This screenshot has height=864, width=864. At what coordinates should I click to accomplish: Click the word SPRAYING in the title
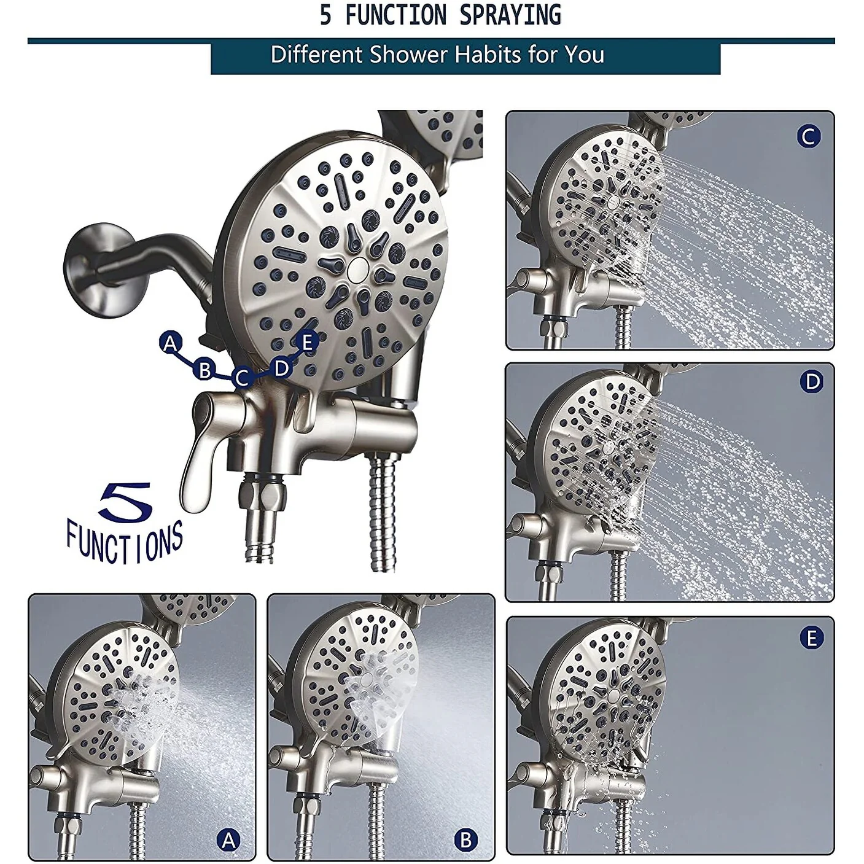(510, 15)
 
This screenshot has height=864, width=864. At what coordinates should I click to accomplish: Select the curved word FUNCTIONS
(125, 542)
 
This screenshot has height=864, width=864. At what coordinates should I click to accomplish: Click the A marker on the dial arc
(170, 343)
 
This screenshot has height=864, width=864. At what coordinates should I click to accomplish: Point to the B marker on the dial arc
(204, 370)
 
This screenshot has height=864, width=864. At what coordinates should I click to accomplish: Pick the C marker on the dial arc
(242, 378)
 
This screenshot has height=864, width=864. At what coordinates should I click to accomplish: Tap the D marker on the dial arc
(281, 368)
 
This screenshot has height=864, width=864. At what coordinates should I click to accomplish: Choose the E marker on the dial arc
(307, 343)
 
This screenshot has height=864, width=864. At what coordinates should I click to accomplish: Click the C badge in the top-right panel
(809, 136)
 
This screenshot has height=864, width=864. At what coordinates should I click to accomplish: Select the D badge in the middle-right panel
(812, 382)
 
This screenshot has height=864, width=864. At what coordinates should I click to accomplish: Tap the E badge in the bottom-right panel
(812, 639)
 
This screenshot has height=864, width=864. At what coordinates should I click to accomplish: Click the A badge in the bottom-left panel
(228, 839)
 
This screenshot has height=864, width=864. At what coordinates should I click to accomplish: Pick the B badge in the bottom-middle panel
(466, 839)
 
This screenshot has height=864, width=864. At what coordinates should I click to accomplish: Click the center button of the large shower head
(358, 268)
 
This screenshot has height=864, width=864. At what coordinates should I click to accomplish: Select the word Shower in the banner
(408, 55)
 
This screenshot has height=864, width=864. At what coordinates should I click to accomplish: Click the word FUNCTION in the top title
(396, 15)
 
